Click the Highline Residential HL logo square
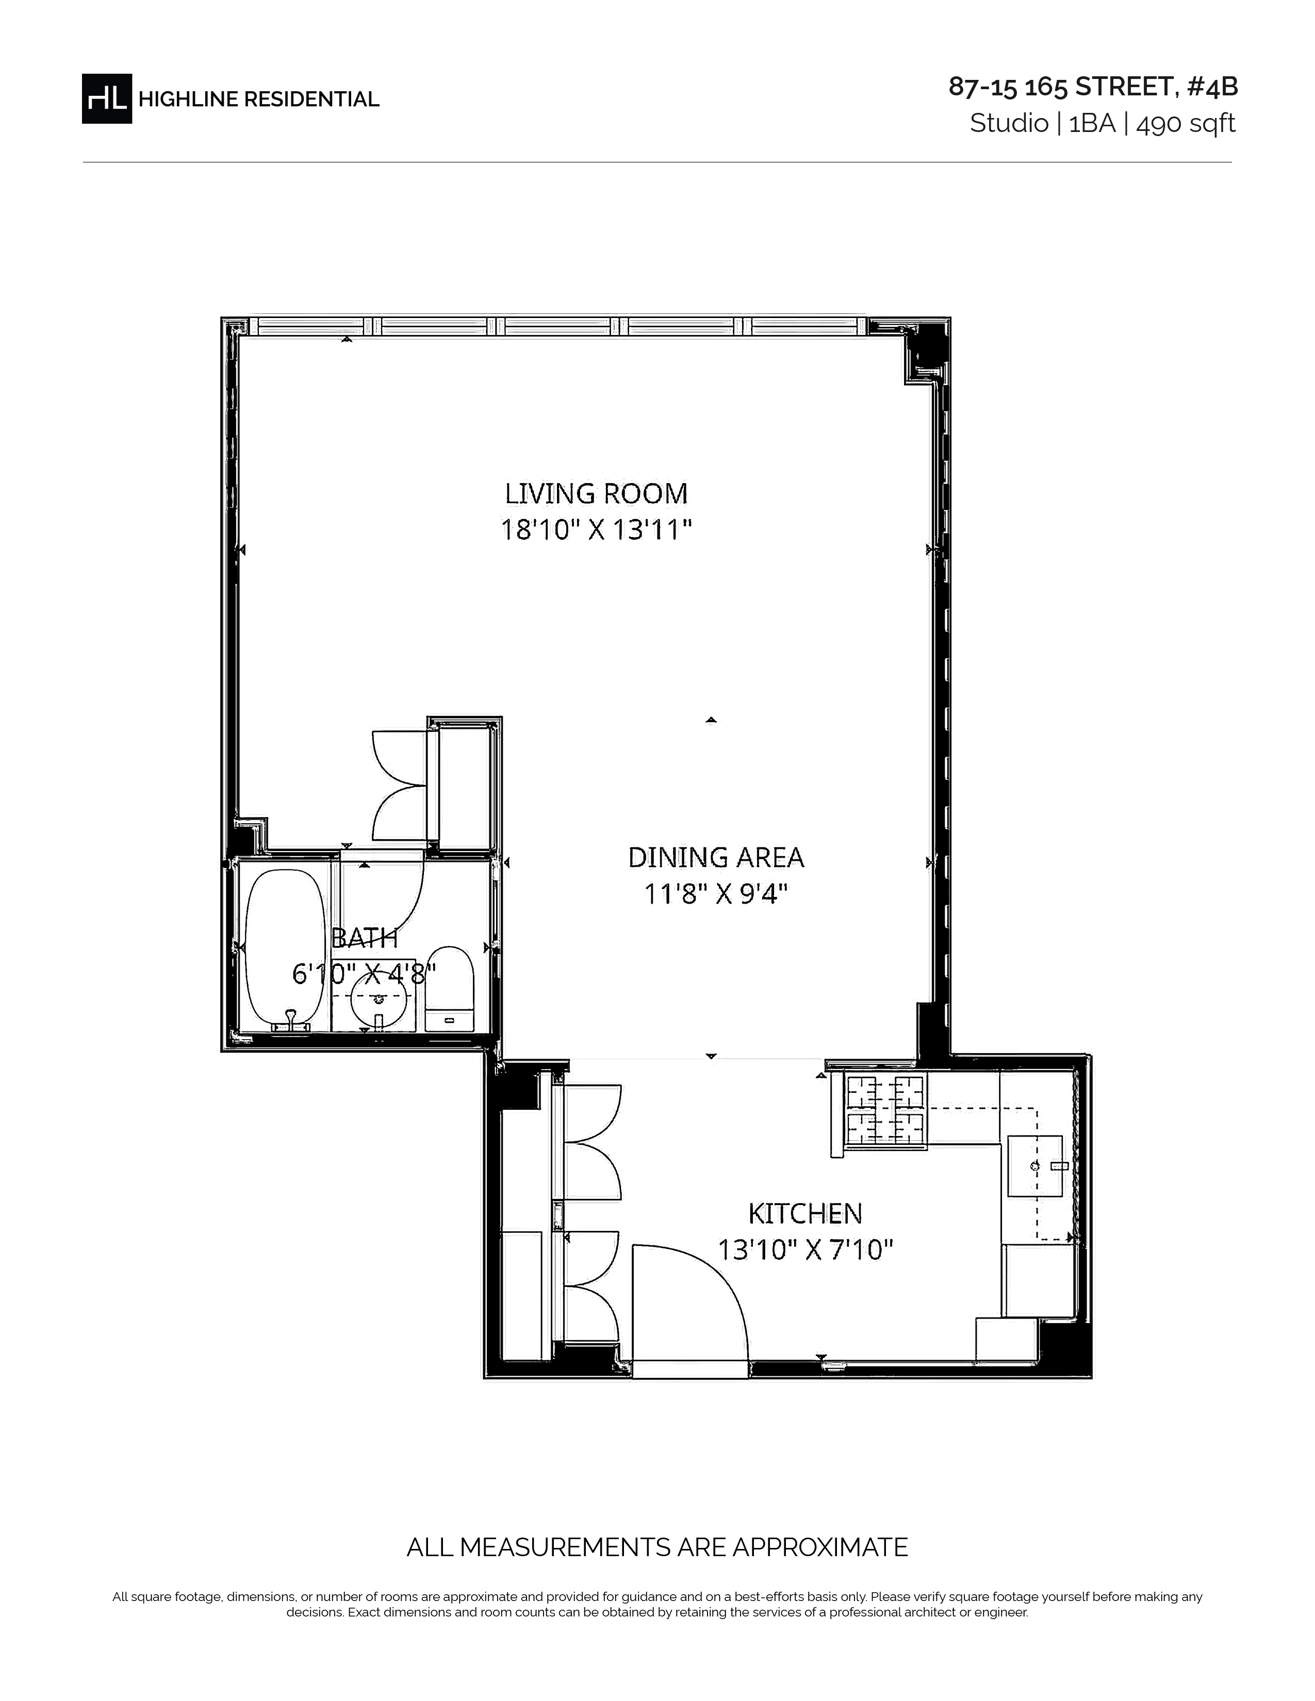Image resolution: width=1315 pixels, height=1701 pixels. [107, 98]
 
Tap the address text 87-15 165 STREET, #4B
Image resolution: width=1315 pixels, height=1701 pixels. [1093, 87]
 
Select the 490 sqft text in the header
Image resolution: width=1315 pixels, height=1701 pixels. [1186, 123]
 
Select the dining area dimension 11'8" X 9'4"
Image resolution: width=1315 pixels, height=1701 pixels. [716, 893]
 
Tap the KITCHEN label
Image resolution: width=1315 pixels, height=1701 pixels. [805, 1213]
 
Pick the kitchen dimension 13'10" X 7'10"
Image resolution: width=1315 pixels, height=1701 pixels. [805, 1249]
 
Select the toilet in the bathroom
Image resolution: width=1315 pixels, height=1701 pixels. [450, 989]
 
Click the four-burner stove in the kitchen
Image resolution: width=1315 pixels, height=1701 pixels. [886, 1112]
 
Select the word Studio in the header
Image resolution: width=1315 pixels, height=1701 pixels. [1009, 123]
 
